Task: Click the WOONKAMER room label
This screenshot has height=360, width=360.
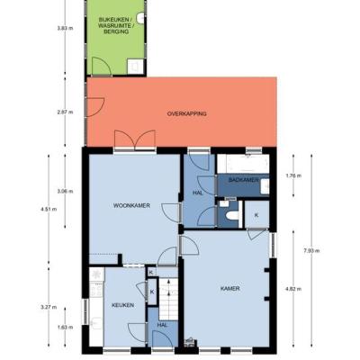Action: [x=131, y=205]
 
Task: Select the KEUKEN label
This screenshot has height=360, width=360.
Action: [x=122, y=305]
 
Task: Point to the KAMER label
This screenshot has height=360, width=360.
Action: [x=230, y=289]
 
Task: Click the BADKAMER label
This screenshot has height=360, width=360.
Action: [x=243, y=180]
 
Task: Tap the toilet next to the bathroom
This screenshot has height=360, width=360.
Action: [x=233, y=215]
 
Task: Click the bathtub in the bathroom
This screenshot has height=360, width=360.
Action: [x=243, y=164]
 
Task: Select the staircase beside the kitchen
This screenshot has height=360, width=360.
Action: [x=168, y=299]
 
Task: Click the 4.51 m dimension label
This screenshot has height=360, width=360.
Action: [x=49, y=210]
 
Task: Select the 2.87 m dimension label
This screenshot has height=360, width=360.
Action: [x=65, y=112]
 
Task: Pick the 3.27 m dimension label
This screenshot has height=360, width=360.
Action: [x=49, y=307]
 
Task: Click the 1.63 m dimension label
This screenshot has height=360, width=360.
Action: [x=65, y=328]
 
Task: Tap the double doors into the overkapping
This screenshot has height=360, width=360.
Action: [x=135, y=140]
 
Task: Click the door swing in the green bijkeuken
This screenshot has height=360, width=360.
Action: [x=102, y=66]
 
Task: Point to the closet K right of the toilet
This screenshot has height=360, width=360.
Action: [x=256, y=214]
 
